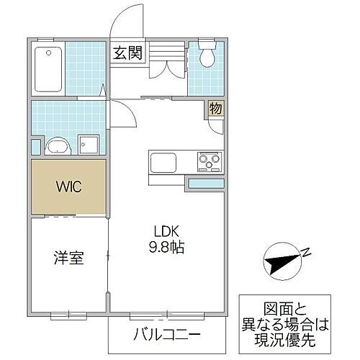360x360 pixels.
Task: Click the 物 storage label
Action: (x=215, y=109)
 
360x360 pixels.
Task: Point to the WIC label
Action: (x=69, y=186)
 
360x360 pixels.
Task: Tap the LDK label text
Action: (x=166, y=232)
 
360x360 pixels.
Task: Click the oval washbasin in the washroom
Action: (x=57, y=147)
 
